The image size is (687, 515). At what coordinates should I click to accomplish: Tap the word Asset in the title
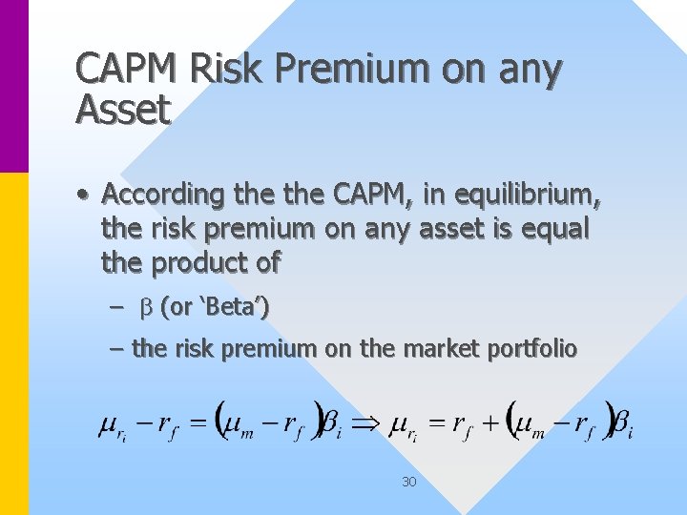[x=122, y=110]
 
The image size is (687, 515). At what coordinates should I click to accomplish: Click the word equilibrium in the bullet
[x=529, y=195]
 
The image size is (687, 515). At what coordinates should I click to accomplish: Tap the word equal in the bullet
[x=555, y=229]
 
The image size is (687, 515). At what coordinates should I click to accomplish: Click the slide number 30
[x=408, y=482]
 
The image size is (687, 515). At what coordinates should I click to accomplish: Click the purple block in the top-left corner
[x=14, y=86]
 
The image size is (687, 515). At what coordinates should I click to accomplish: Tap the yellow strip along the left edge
[x=14, y=343]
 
